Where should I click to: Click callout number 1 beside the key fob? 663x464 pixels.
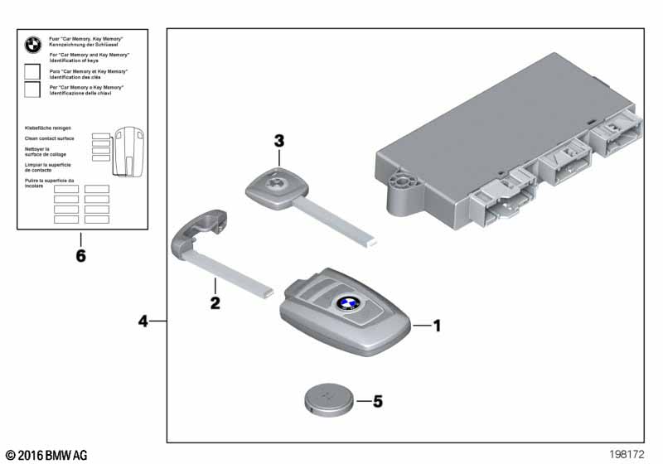tap(437, 326)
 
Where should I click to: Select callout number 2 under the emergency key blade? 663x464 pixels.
tap(215, 303)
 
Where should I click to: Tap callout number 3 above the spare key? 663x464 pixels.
tap(279, 142)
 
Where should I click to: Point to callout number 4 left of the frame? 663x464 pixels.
tap(144, 320)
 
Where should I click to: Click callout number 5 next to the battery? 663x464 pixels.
tap(378, 402)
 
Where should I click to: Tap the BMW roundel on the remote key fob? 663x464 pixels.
tap(347, 304)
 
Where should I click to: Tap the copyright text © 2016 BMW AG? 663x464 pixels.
tap(46, 455)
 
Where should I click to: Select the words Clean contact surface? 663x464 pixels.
tap(50, 138)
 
